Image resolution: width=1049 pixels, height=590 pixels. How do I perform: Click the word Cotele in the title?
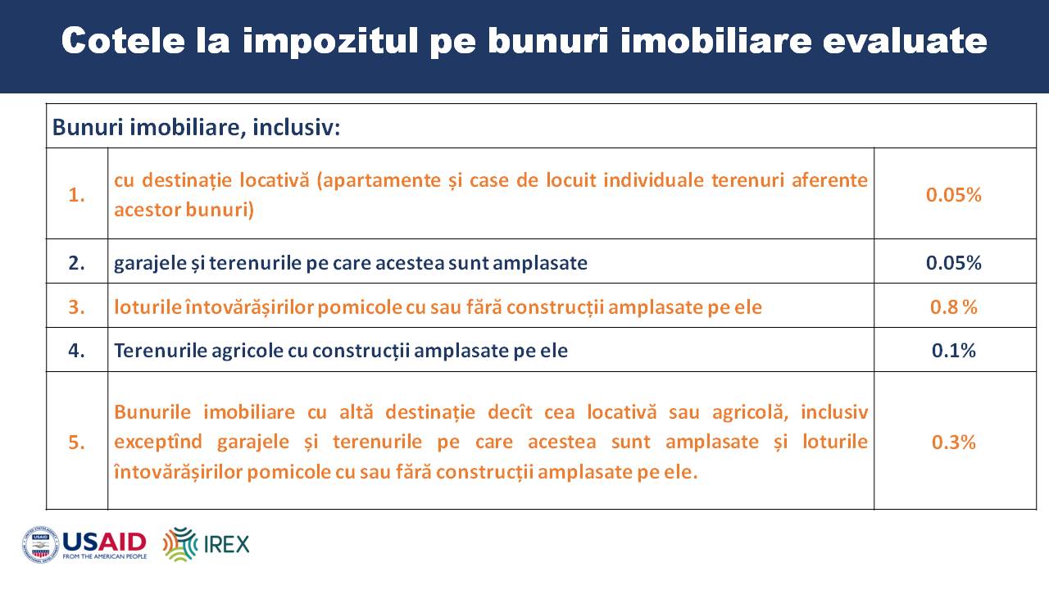(x=124, y=40)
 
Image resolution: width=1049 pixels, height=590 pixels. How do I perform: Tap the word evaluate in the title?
(x=905, y=40)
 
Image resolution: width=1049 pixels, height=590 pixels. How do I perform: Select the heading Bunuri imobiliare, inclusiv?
(x=196, y=127)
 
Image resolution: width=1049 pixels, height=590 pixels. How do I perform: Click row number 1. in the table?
(x=76, y=195)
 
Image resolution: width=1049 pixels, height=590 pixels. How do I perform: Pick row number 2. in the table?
(x=76, y=263)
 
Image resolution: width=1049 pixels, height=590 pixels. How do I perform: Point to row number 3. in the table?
(x=76, y=307)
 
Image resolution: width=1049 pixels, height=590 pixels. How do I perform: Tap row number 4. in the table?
(x=76, y=351)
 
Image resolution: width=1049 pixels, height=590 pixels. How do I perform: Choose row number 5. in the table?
(x=76, y=442)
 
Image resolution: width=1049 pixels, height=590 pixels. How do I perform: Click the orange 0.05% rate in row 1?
(x=953, y=195)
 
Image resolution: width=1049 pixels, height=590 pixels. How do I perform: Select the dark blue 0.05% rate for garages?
(x=953, y=263)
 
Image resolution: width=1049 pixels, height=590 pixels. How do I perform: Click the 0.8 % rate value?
(x=953, y=307)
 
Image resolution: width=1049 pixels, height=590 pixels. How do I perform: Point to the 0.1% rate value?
(x=953, y=351)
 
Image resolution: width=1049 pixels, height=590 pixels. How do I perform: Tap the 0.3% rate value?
(x=953, y=442)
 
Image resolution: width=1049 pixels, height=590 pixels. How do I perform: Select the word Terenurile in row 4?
(x=160, y=351)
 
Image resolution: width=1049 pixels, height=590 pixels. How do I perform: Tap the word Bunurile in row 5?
(x=152, y=412)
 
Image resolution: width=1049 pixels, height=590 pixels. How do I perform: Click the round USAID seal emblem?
(x=41, y=545)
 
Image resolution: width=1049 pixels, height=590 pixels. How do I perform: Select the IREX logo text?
(x=227, y=545)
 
